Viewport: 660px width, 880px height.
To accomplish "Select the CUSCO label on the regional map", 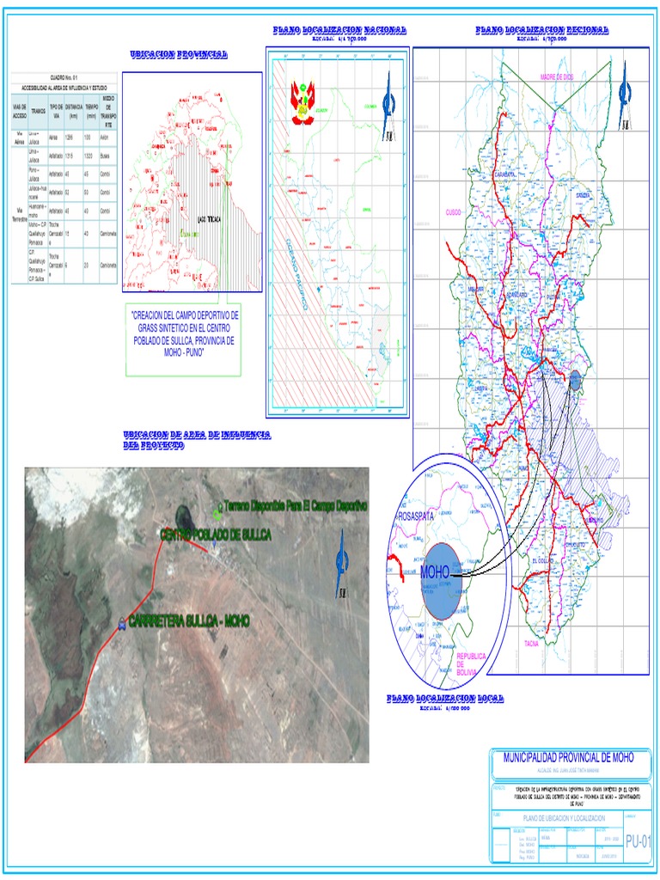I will pyautogui.click(x=455, y=211).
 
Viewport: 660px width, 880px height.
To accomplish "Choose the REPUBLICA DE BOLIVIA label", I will pyautogui.click(x=471, y=663).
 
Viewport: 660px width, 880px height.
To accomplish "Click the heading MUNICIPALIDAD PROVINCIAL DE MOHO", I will pyautogui.click(x=568, y=757).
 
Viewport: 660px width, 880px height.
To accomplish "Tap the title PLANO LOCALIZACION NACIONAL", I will pyautogui.click(x=339, y=30).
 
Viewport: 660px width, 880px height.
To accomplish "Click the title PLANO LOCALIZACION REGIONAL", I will pyautogui.click(x=541, y=30).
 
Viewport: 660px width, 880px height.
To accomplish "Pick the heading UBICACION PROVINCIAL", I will pyautogui.click(x=179, y=54).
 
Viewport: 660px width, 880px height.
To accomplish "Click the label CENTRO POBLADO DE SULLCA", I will pyautogui.click(x=215, y=535).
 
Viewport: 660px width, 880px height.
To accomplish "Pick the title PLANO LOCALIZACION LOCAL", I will pyautogui.click(x=445, y=699).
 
